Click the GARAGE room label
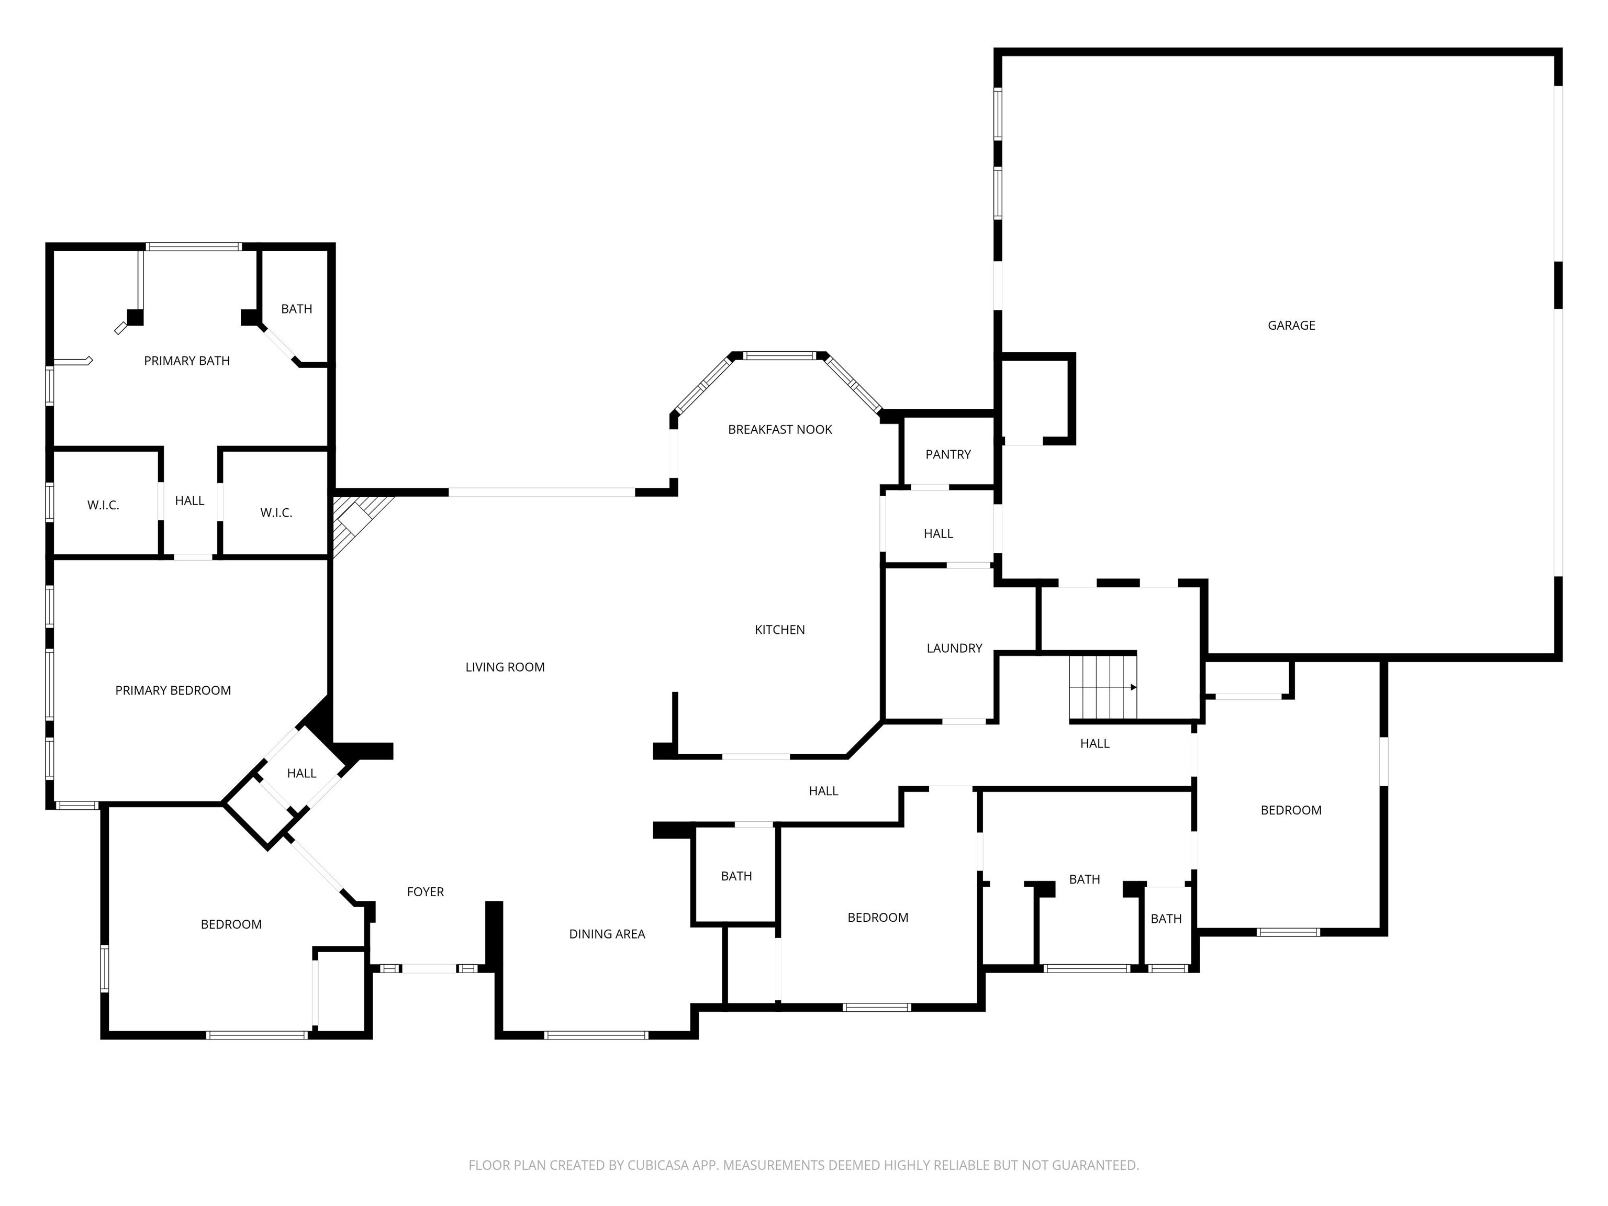[1291, 326]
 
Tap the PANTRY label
[948, 454]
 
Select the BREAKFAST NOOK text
[780, 430]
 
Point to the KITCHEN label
[779, 630]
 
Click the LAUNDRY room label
[954, 647]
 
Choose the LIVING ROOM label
[505, 667]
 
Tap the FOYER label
[425, 892]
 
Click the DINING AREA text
[607, 934]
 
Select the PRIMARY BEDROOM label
[173, 690]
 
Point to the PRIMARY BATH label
[187, 361]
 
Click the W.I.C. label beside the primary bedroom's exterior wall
[103, 505]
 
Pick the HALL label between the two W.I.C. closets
[189, 501]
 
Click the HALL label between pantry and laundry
[939, 533]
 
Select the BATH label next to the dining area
[736, 876]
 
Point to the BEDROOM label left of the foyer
[231, 925]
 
